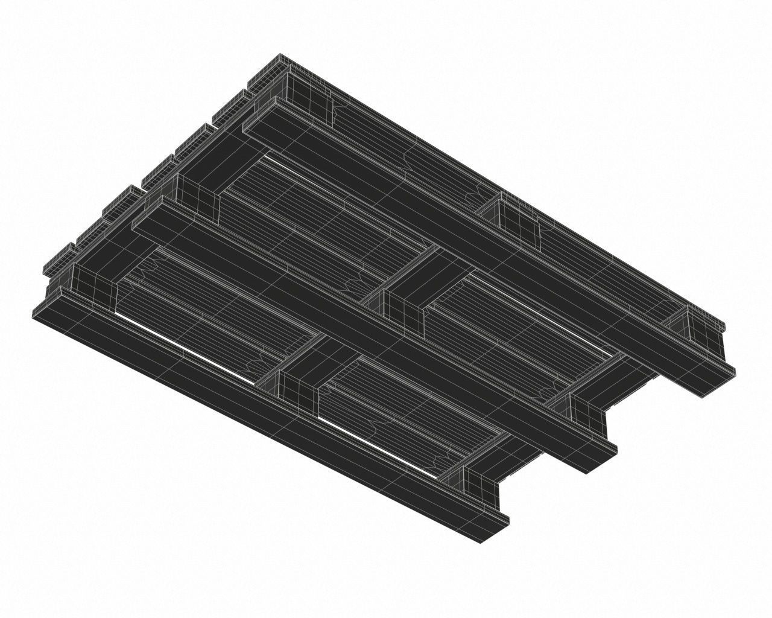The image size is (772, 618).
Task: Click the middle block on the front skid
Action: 299,377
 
